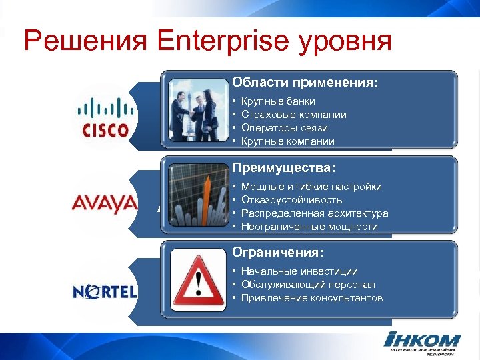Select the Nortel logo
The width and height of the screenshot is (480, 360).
(x=105, y=291)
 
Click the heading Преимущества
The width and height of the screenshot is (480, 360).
(x=284, y=167)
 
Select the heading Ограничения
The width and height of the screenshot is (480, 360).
(x=278, y=253)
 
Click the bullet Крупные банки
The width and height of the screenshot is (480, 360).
(x=278, y=101)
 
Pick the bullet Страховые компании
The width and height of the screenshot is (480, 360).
(x=293, y=115)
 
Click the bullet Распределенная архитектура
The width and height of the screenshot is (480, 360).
(x=315, y=213)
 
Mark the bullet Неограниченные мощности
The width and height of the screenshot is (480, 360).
(x=309, y=227)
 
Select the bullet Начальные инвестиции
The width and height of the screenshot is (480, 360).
(x=299, y=271)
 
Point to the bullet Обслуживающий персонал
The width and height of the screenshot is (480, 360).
(x=308, y=285)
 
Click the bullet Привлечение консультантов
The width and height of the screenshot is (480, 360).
(x=312, y=298)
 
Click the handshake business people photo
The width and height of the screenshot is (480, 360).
(x=198, y=110)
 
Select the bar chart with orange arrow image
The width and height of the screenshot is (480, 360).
(x=198, y=195)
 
